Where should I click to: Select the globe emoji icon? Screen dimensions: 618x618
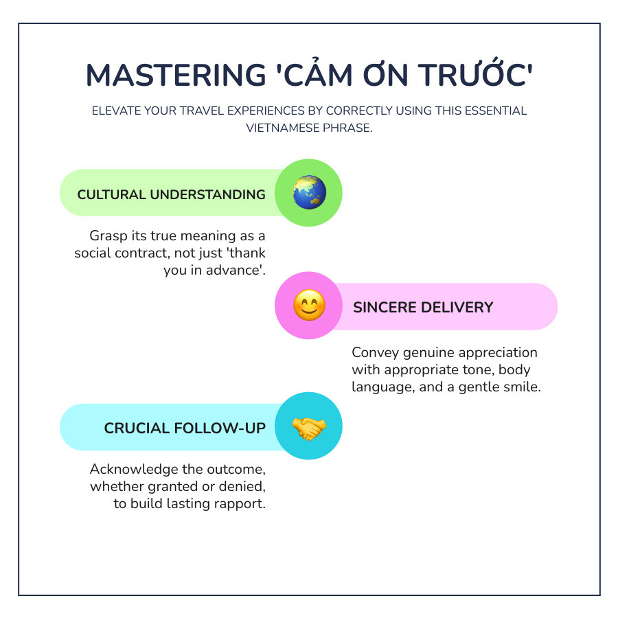[x=308, y=193]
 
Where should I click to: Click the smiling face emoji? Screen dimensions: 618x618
[x=308, y=306]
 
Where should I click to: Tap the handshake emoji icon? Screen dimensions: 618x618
[x=308, y=427]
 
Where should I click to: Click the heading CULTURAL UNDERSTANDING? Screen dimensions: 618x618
[x=171, y=194]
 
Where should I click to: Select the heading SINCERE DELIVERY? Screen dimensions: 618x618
[x=423, y=307]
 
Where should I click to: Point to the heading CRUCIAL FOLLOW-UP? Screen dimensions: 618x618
[x=185, y=428]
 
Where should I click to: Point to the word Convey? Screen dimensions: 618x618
[x=374, y=352]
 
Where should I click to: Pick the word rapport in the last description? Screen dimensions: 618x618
[x=242, y=504]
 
